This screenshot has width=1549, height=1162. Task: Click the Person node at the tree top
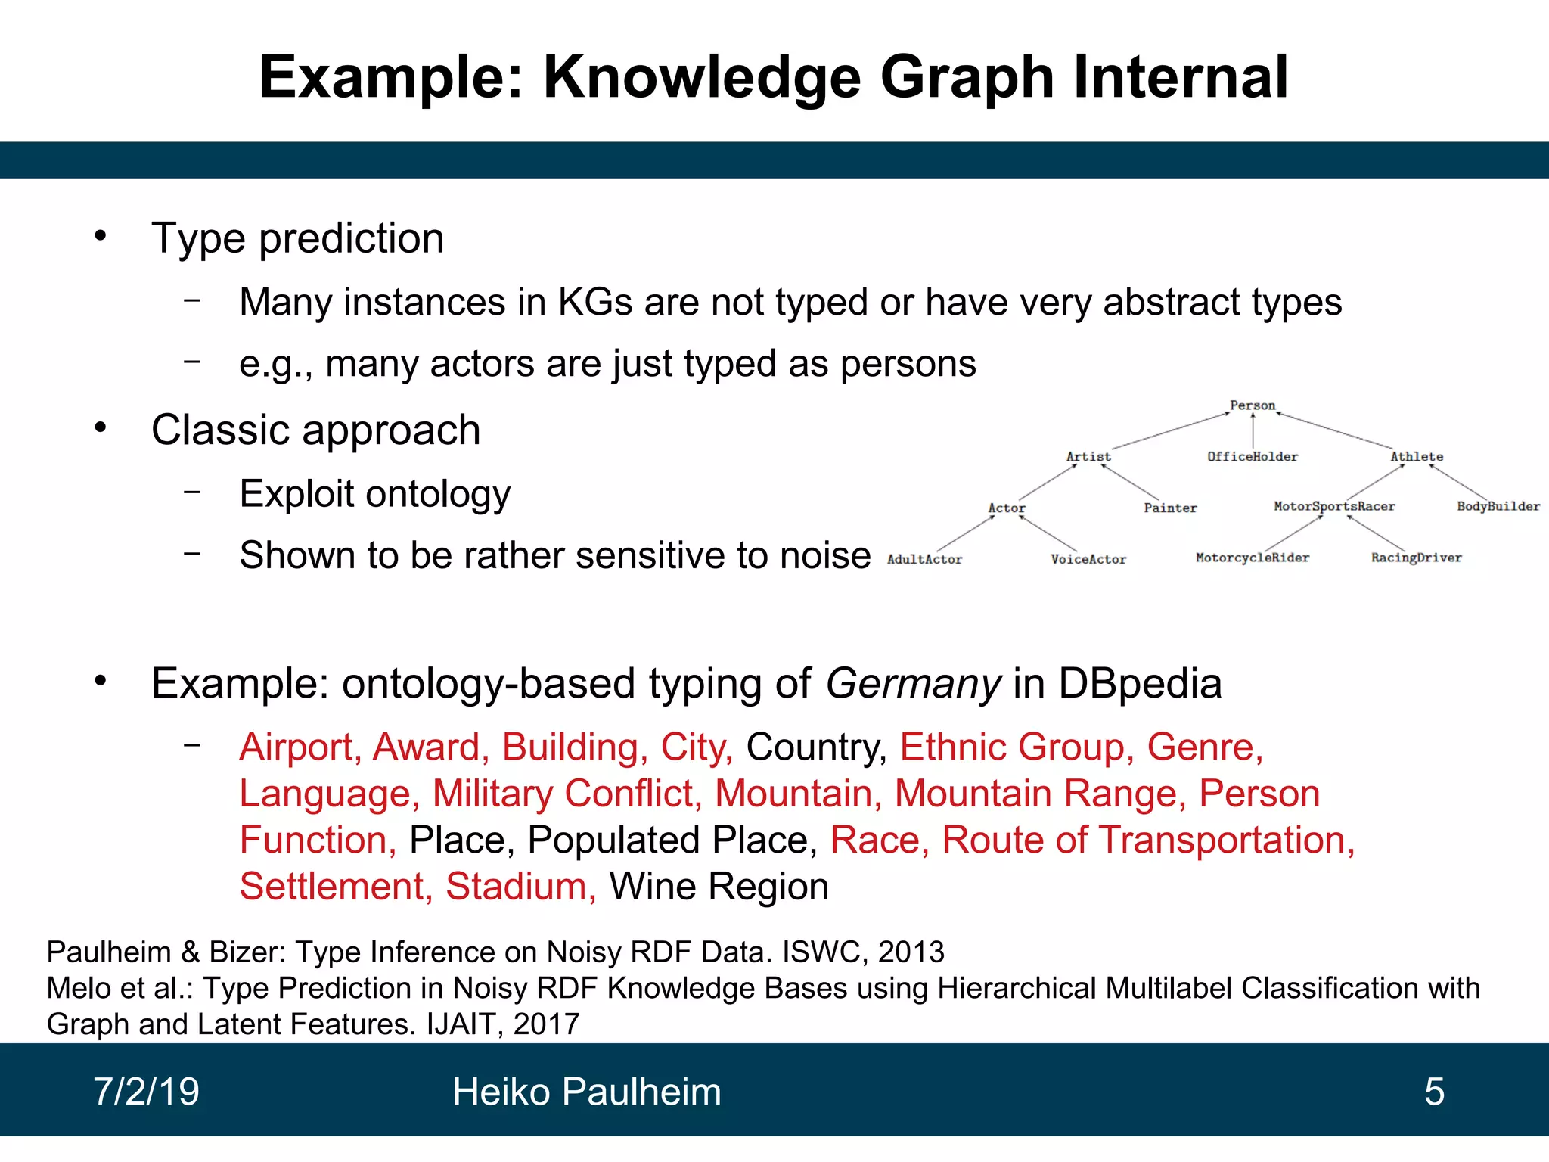[1252, 405]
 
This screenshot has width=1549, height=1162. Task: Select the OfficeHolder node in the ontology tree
[1252, 457]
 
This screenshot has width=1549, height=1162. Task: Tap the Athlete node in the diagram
[1416, 457]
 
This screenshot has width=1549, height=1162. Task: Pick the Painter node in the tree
[1170, 508]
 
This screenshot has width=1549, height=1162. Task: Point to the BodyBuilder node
[1498, 506]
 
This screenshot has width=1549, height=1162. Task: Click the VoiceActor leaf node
[1088, 560]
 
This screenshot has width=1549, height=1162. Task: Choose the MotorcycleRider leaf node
[1252, 558]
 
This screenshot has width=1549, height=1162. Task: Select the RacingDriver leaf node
[1416, 558]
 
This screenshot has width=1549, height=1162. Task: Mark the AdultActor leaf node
[924, 560]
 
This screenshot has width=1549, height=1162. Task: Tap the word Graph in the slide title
[967, 77]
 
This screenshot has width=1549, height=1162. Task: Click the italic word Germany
[913, 684]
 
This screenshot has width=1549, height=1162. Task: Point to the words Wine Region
[719, 887]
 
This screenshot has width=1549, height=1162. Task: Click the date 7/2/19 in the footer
[146, 1092]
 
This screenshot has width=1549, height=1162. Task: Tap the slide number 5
[1434, 1092]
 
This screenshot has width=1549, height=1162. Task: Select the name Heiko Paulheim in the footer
[586, 1092]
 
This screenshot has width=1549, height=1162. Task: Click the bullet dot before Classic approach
[101, 428]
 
